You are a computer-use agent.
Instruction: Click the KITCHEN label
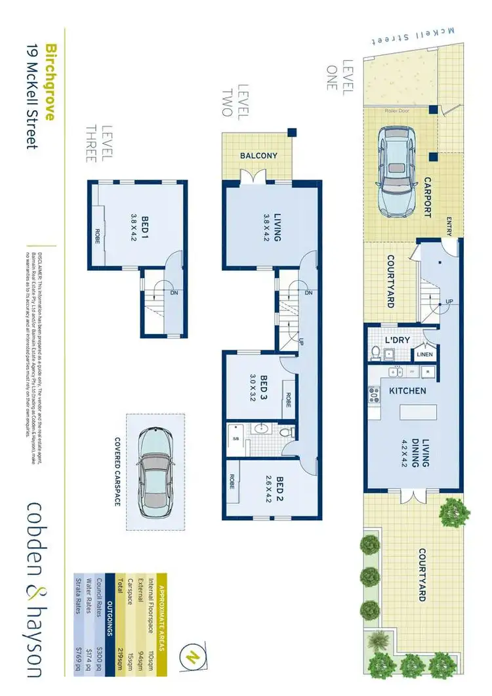pos(409,391)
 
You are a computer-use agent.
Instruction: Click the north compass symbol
pos(192,656)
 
